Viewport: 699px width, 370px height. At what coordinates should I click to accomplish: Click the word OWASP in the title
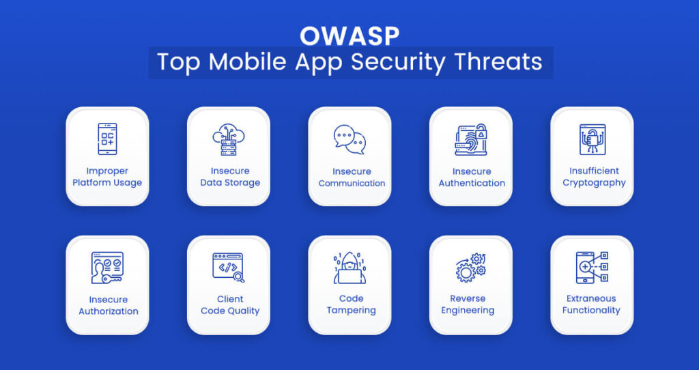[349, 36]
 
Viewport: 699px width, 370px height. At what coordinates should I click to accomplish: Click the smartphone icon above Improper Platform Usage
[107, 139]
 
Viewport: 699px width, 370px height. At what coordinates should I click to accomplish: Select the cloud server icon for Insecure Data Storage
[228, 139]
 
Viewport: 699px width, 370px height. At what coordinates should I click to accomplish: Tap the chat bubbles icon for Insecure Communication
[349, 139]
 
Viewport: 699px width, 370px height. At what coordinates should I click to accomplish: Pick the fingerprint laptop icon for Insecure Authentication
[471, 139]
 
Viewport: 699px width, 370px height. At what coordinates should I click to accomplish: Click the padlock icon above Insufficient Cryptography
[593, 139]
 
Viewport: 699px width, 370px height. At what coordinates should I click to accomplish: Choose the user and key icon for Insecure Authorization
[107, 268]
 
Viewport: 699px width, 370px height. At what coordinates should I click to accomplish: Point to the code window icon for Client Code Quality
[228, 268]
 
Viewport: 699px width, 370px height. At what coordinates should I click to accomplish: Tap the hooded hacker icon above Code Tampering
[349, 268]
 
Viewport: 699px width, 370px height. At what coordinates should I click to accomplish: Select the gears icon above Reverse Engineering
[471, 268]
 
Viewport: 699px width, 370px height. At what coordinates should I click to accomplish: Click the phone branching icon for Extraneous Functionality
[592, 268]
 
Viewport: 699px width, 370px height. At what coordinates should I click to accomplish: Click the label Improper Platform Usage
[107, 177]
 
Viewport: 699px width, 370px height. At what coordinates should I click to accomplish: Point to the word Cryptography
[594, 183]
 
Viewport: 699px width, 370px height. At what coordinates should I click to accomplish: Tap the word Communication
[352, 183]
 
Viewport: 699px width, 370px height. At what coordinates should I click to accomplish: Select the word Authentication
[472, 183]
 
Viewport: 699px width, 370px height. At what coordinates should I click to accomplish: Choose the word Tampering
[352, 311]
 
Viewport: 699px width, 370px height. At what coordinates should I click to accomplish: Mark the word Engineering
[468, 311]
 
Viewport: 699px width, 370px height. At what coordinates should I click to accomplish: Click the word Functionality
[591, 311]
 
